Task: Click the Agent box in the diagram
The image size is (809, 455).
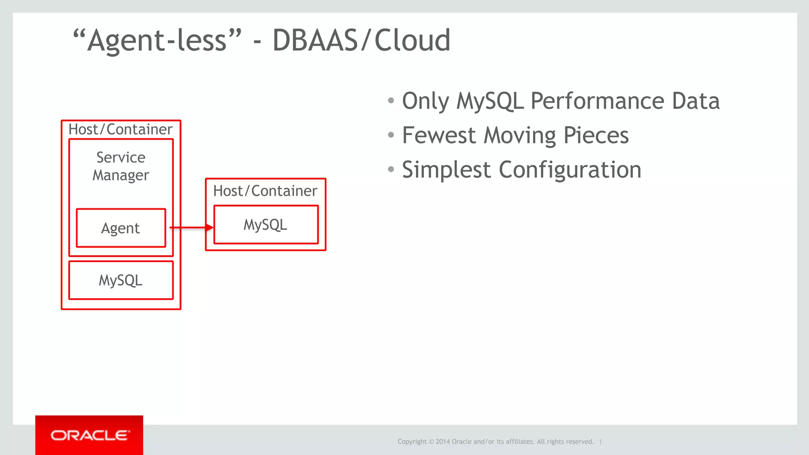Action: click(x=121, y=228)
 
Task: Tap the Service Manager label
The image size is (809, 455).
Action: click(x=121, y=166)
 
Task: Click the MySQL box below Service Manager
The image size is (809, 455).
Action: click(x=121, y=280)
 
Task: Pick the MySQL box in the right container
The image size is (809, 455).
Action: click(x=265, y=225)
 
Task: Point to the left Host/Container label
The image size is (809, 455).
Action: click(x=120, y=129)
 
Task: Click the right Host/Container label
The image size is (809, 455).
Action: click(x=265, y=191)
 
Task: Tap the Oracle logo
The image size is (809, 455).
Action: click(x=90, y=435)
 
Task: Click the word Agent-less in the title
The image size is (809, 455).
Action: click(x=157, y=40)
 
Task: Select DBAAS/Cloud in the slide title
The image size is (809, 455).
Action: click(x=361, y=40)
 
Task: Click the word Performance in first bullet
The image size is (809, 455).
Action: click(x=597, y=101)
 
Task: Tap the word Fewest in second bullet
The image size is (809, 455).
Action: click(x=438, y=135)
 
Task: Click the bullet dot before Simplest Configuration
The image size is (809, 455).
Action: click(x=391, y=170)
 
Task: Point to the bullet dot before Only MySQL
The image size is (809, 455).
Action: click(x=391, y=101)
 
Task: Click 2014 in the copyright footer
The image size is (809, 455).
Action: click(x=442, y=442)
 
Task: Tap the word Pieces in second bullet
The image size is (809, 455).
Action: click(x=596, y=135)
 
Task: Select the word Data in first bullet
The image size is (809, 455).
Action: click(x=696, y=101)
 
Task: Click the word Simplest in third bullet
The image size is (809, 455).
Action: click(x=446, y=170)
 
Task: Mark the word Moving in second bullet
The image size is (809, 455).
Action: click(x=519, y=135)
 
